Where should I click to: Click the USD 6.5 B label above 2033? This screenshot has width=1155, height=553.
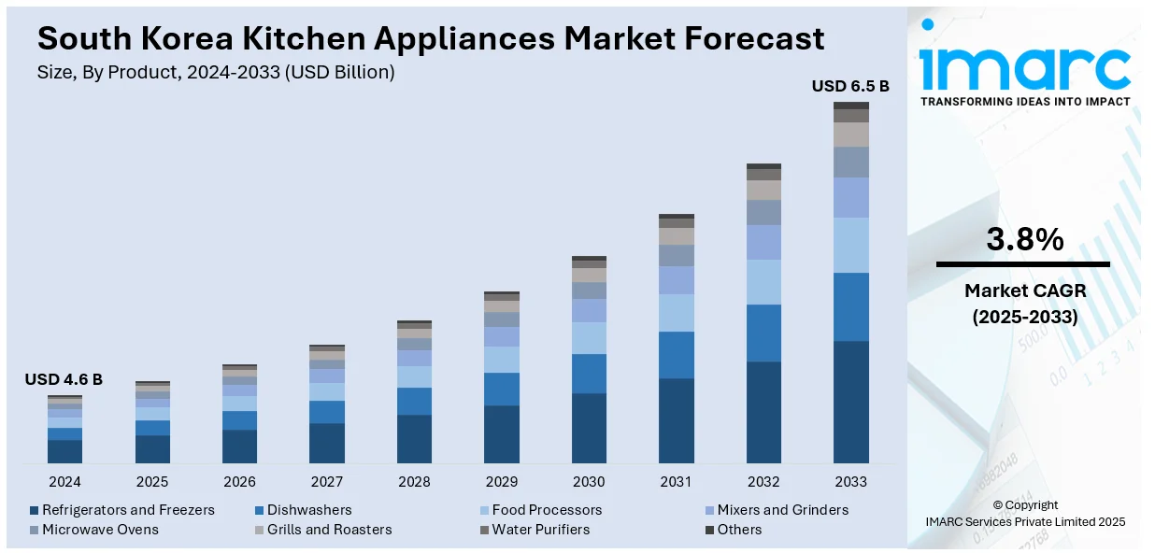tap(850, 86)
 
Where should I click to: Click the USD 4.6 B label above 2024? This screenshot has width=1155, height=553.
tap(64, 379)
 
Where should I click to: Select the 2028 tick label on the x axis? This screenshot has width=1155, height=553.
tap(414, 482)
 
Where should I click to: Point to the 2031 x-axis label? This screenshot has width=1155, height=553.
tap(676, 482)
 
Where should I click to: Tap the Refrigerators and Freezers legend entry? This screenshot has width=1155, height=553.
tap(128, 510)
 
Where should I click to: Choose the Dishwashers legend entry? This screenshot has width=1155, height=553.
tap(309, 510)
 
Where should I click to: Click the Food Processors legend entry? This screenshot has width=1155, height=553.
tap(547, 510)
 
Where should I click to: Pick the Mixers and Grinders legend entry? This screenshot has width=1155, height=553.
tap(782, 510)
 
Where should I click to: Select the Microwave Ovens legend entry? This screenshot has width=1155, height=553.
tap(100, 530)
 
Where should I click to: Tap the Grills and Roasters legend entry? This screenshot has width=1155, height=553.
tap(329, 530)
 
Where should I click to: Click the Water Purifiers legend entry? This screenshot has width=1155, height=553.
tap(540, 530)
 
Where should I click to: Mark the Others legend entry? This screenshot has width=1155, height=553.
tap(739, 530)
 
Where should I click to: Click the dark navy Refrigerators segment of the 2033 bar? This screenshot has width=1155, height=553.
tap(850, 402)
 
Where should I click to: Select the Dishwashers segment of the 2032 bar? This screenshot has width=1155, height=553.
tap(763, 333)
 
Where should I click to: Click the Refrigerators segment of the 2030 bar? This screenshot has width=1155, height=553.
tap(589, 428)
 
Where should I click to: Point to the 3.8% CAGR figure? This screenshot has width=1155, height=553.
tap(1024, 240)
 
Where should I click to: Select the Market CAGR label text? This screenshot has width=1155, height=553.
tap(1024, 291)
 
